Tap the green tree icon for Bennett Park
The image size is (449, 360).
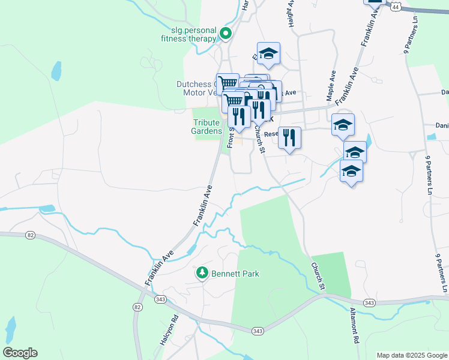pos(202,273)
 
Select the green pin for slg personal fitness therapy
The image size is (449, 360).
pos(226,34)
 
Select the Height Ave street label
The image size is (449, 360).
pos(291,12)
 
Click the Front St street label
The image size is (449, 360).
pos(230,137)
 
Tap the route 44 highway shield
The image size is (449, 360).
pos(394,7)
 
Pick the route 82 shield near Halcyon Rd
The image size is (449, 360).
pos(138,307)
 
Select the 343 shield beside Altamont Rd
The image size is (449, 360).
pos(370,302)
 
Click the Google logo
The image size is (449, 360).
pos(20,353)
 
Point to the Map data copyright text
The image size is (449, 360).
pos(411,355)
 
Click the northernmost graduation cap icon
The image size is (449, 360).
pos(268,53)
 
